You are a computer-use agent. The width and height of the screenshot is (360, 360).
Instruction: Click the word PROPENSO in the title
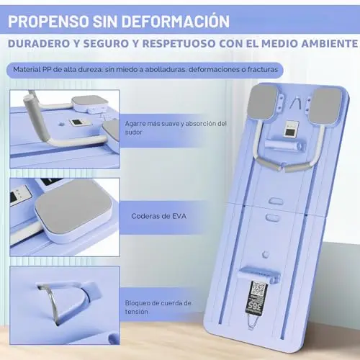click(x=48, y=22)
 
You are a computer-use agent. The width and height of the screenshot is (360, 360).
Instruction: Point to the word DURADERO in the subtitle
click(x=39, y=44)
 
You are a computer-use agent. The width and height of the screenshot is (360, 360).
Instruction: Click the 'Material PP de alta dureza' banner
click(x=145, y=70)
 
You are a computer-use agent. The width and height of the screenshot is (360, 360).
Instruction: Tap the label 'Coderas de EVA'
click(x=158, y=216)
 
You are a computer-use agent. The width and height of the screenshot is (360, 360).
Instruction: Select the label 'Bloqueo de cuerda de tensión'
click(x=158, y=307)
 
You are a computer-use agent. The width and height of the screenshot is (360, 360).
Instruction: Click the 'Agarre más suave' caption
click(x=176, y=127)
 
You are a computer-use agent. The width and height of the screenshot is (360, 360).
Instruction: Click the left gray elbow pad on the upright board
click(x=264, y=103)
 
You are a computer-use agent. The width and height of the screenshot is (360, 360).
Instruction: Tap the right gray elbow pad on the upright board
click(x=325, y=105)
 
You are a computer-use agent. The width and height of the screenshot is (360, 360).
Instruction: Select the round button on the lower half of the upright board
click(x=266, y=254)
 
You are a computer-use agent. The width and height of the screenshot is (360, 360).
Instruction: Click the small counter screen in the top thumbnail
click(x=77, y=122)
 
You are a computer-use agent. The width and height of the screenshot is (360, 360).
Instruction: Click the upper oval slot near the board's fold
click(x=276, y=202)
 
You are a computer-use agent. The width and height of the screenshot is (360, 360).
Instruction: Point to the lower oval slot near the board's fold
click(x=273, y=217)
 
